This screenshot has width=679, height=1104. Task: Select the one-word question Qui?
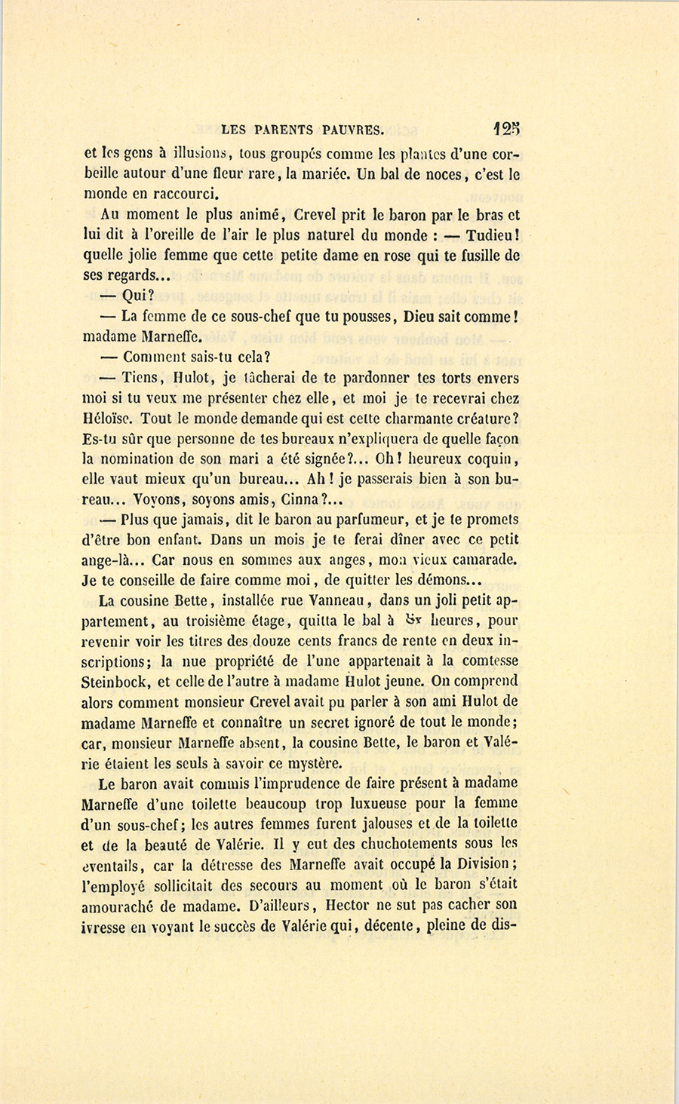coord(137,296)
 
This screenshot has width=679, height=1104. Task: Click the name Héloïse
coord(110,418)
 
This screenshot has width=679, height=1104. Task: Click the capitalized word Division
coord(480,863)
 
